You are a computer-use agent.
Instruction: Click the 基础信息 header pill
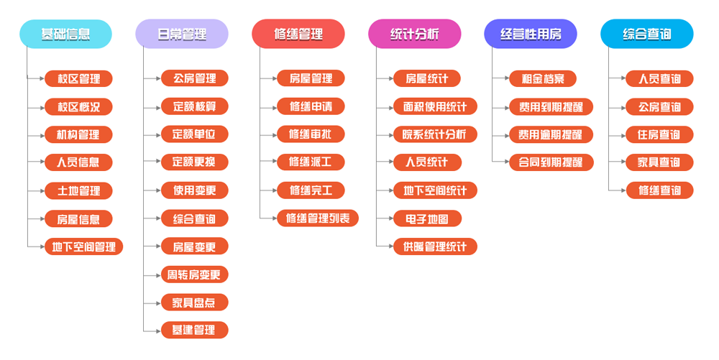[65, 34]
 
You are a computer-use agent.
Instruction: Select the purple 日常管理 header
[182, 34]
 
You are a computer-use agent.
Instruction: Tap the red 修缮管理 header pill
[298, 34]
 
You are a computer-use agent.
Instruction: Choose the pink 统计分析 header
[415, 34]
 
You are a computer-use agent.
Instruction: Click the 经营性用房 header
[531, 34]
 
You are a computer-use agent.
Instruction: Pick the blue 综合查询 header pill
[647, 34]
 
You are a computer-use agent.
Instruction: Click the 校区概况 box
[78, 107]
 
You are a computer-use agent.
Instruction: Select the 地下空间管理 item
[83, 247]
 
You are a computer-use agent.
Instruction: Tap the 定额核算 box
[194, 106]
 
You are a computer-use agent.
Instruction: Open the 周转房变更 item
[194, 274]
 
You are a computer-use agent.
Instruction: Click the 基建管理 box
[194, 331]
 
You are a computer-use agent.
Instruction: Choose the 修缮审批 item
[311, 134]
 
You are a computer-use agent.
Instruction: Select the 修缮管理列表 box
[317, 218]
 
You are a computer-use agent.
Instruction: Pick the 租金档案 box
[543, 78]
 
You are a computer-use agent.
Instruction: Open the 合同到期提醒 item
[551, 162]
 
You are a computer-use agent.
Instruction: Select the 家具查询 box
[659, 162]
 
